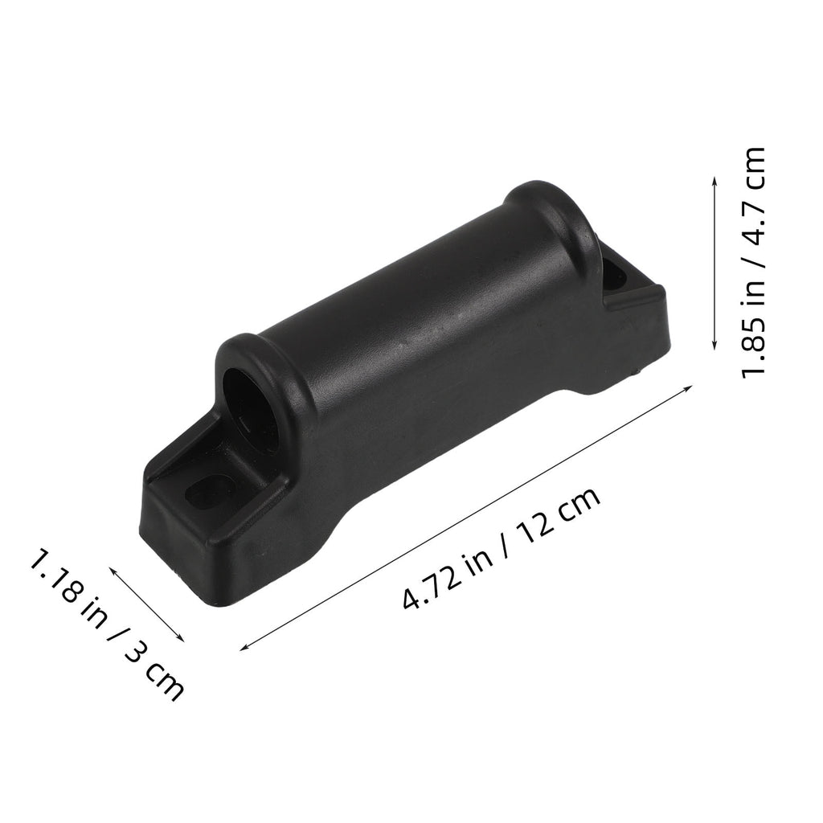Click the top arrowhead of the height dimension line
714,180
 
